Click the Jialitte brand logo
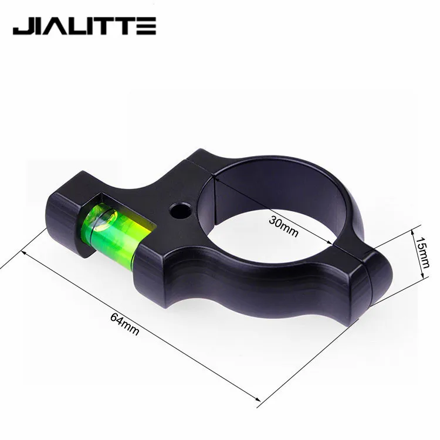tap(84, 26)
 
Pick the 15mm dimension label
tap(421, 252)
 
